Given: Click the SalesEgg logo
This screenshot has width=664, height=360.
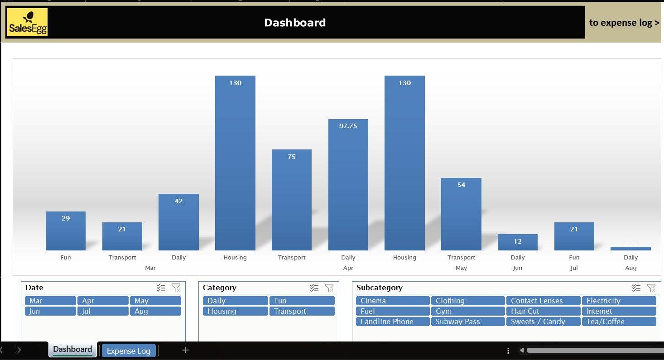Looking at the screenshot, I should pos(27,22).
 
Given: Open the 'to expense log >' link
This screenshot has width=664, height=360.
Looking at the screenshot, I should pos(624,23).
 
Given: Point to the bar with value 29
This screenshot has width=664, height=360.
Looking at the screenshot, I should pos(66,231).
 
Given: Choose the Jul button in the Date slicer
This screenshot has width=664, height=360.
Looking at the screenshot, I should pos(102,311).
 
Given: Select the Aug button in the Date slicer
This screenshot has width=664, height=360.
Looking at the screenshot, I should pos(155,311).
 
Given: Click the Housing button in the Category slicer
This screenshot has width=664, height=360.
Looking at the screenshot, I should pos(235,311).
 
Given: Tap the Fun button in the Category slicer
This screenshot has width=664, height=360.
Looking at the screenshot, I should pos(302,301).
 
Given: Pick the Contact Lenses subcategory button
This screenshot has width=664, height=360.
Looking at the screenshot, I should pos(543,301).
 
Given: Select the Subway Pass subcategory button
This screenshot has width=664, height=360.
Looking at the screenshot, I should pos(467,322).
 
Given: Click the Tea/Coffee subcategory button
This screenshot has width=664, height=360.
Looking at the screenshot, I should pos(618,322).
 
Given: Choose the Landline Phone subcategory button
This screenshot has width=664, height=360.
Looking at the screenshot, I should pos(392,322).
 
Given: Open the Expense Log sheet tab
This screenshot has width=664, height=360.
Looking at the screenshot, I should pos(129,350).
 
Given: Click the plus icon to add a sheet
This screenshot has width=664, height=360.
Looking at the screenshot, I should pos(185,350).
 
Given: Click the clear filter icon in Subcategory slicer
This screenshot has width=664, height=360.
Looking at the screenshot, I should pos(651,288).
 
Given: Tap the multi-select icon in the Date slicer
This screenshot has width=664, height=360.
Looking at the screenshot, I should pos(161,288).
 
